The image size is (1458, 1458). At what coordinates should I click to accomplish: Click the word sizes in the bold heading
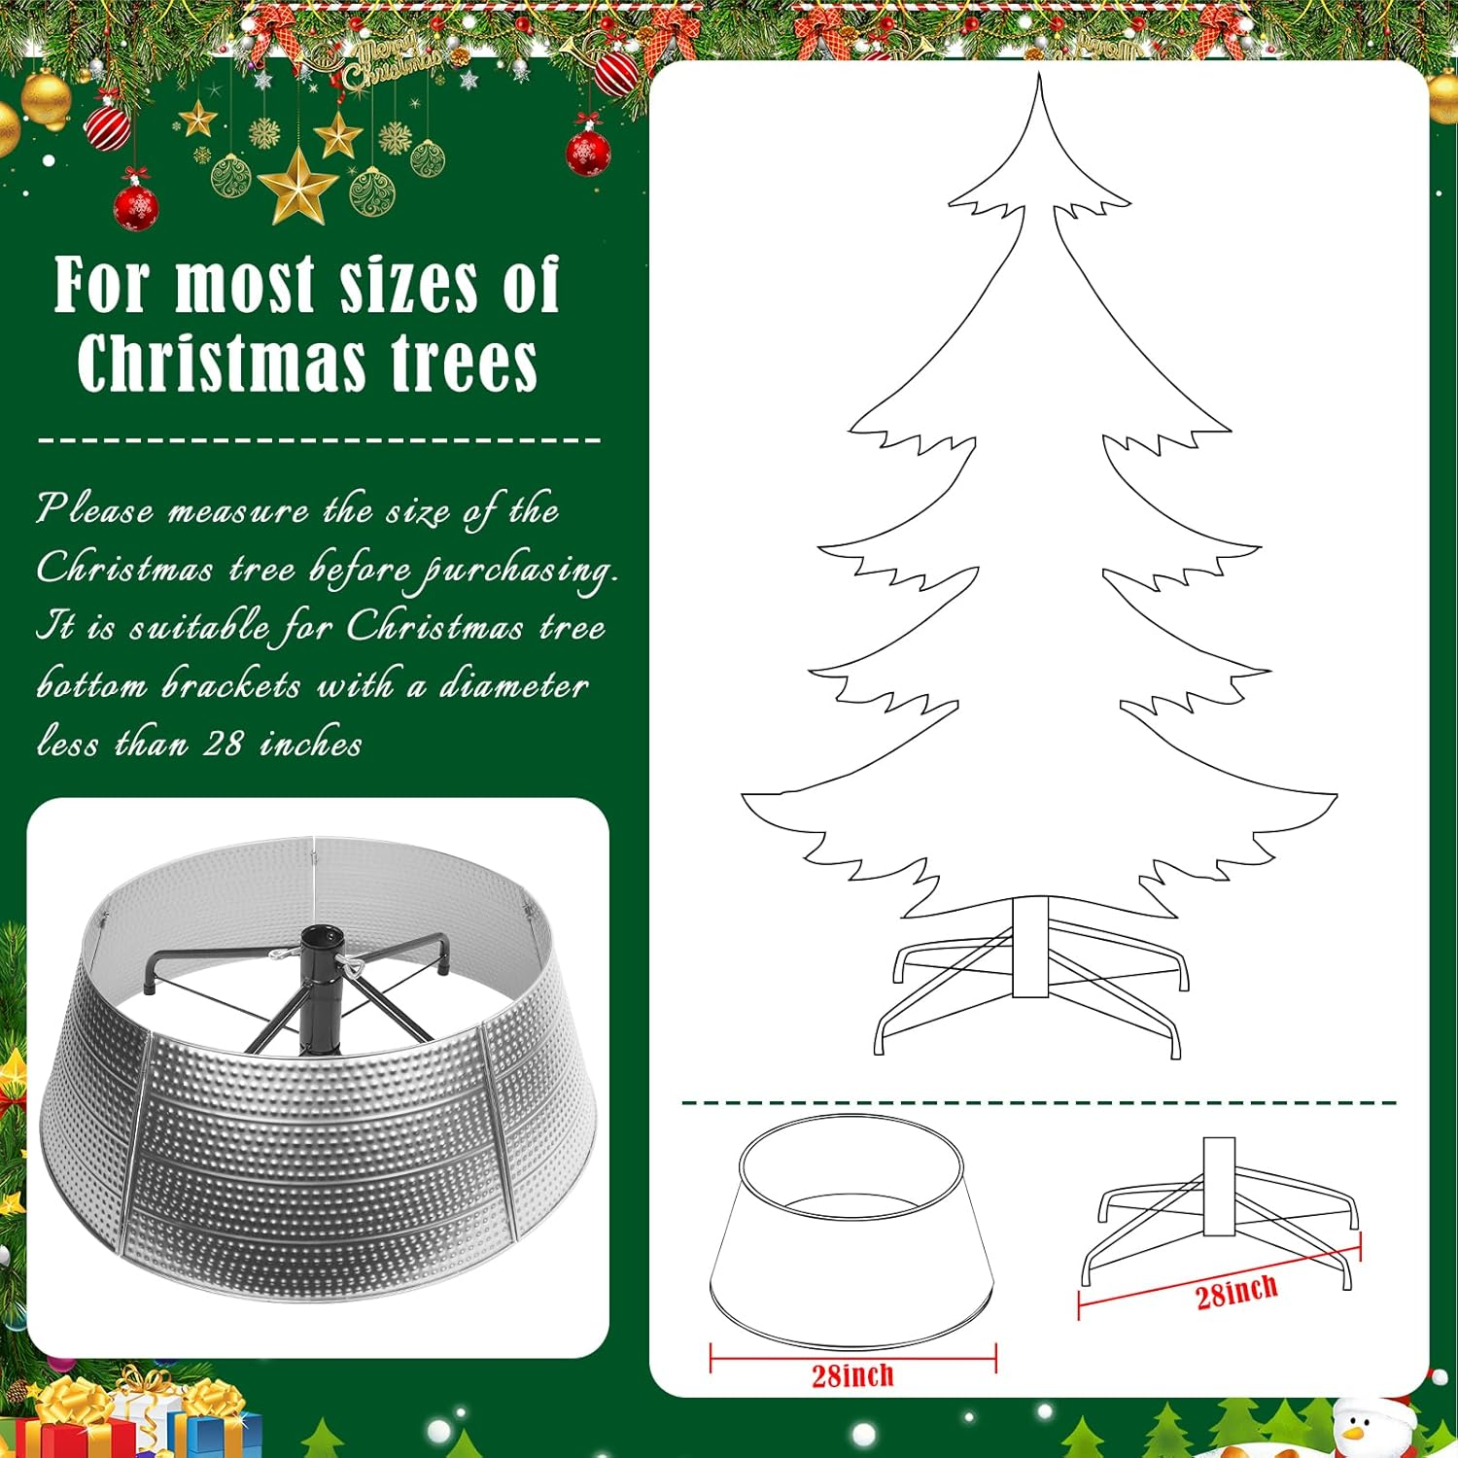[408, 287]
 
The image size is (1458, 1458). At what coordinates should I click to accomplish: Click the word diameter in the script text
[514, 686]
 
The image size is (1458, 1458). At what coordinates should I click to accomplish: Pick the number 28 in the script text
[223, 745]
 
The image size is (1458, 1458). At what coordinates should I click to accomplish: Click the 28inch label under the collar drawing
[852, 1375]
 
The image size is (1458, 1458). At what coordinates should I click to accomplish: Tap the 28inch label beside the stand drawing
[1236, 1294]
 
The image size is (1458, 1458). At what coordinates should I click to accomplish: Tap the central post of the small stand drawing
[1219, 1186]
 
